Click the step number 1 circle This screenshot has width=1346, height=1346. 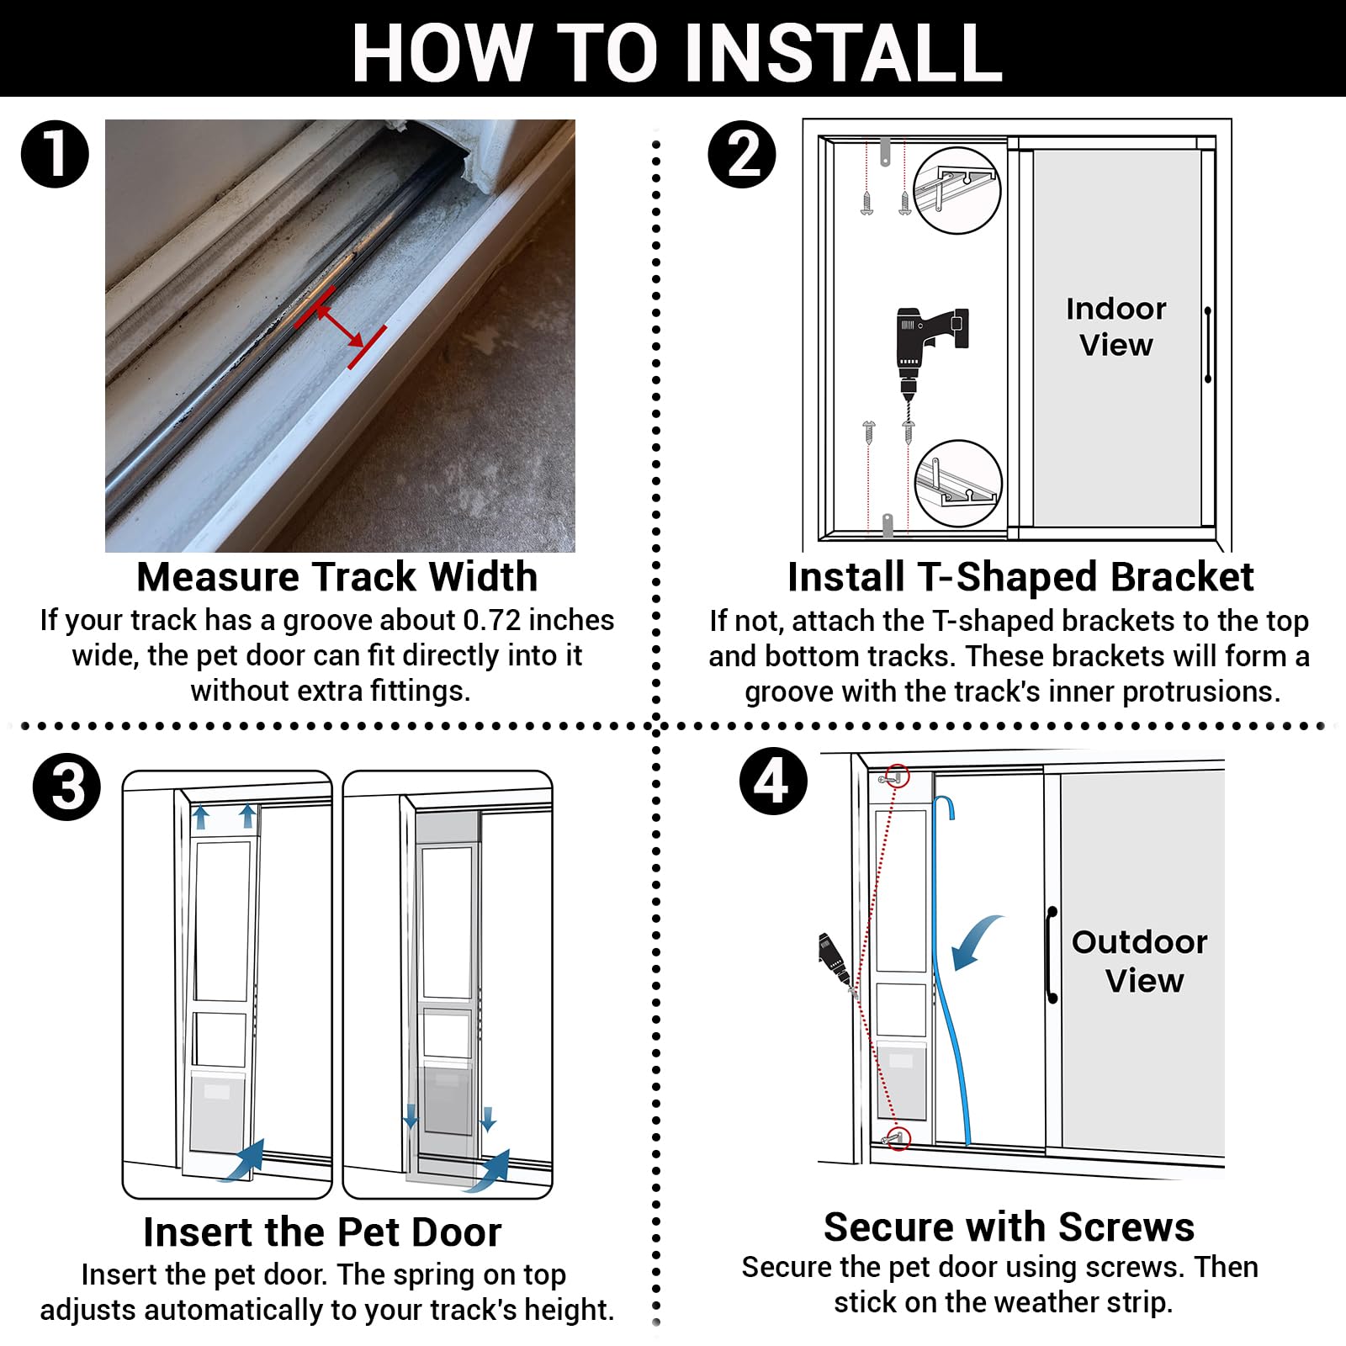(55, 154)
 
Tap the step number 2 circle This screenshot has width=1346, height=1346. (742, 154)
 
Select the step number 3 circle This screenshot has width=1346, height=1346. (66, 787)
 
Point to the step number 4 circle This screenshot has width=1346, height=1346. (773, 782)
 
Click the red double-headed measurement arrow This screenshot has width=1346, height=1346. (340, 326)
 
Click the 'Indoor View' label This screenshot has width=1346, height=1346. (1115, 326)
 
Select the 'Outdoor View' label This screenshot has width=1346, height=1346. (1140, 961)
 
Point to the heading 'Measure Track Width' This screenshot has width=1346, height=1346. (336, 577)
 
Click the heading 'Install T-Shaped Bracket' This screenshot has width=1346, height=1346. (1020, 577)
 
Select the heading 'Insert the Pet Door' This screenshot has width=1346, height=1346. (322, 1232)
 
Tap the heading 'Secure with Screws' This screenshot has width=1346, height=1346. (1009, 1227)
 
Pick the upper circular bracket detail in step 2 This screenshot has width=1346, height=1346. (957, 190)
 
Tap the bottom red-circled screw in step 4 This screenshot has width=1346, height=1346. (898, 1137)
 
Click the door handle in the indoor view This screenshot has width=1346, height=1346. (1208, 345)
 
